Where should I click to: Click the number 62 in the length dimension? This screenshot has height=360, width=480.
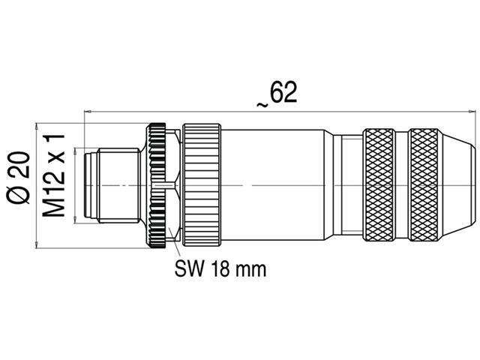coord(283,93)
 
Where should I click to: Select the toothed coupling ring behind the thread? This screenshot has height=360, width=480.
coord(160,184)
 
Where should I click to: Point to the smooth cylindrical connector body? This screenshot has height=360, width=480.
coord(277,184)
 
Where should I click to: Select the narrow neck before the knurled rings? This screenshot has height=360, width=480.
coord(349,184)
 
